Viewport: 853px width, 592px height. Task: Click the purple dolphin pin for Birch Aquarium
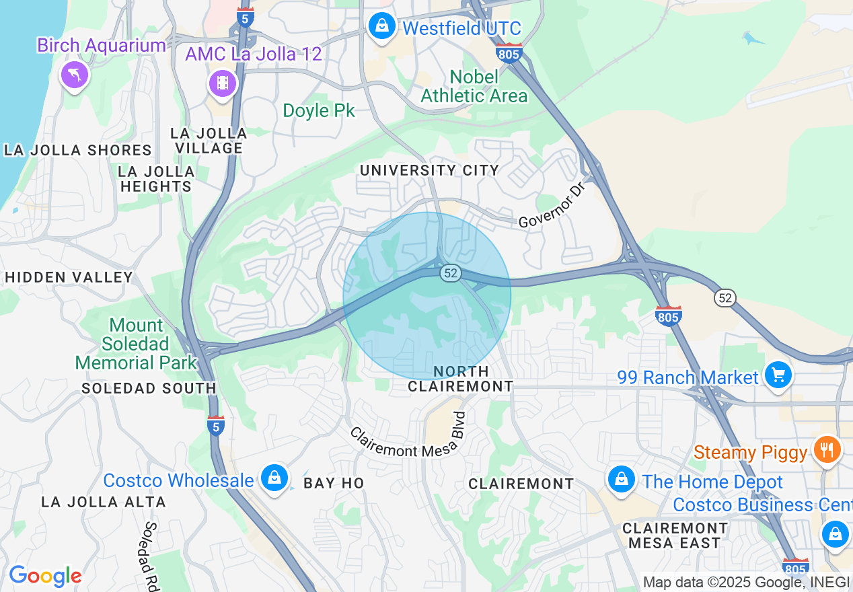(75, 74)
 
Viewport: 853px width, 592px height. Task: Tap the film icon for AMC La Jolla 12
(223, 83)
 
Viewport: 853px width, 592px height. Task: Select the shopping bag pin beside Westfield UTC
(382, 28)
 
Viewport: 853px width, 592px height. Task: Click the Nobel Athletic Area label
(474, 87)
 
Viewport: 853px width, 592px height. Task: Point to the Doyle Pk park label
(319, 110)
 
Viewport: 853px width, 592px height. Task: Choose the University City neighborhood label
(429, 170)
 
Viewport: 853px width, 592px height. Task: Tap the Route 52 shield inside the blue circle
(451, 273)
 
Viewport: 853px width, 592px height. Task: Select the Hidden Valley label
(69, 277)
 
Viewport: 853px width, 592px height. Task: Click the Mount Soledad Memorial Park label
(136, 344)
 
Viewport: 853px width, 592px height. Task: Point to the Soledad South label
(149, 388)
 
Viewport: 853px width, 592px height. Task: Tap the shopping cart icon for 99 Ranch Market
(778, 374)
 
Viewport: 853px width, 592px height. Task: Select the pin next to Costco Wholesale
(274, 478)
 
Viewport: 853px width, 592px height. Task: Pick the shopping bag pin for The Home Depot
(621, 480)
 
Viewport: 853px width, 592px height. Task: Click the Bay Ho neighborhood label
(334, 483)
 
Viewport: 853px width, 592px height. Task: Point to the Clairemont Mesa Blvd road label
(408, 441)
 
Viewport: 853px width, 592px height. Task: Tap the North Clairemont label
(461, 379)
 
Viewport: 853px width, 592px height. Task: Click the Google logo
(45, 576)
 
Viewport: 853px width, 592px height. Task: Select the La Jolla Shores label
(78, 150)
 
